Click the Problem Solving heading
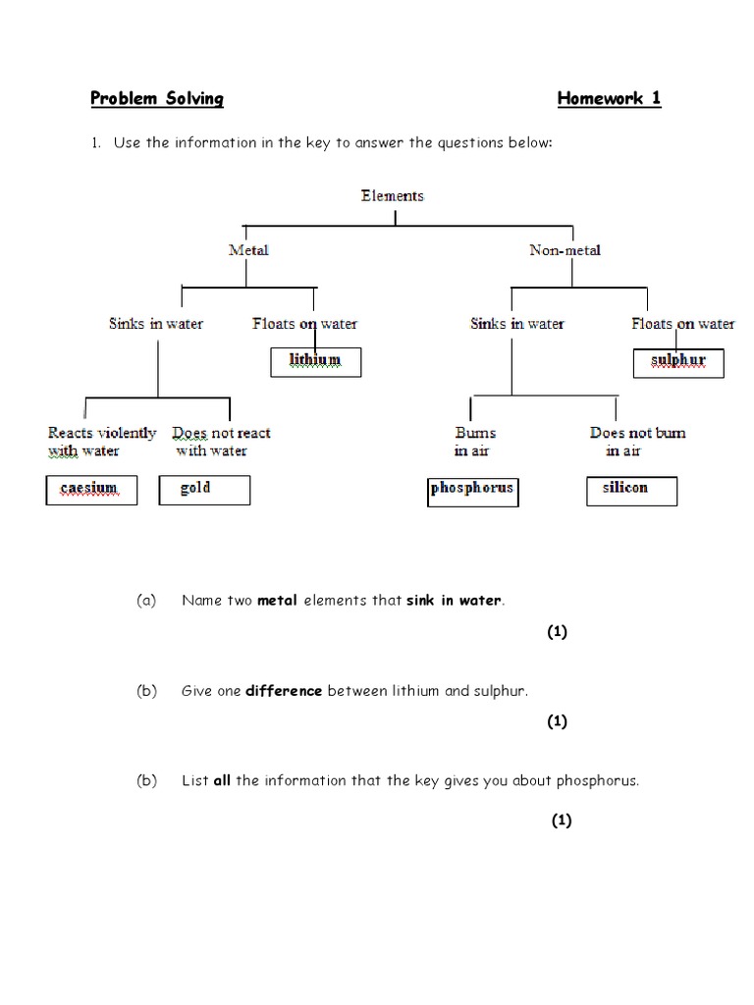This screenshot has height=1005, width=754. [x=157, y=98]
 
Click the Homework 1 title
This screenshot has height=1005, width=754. [x=609, y=98]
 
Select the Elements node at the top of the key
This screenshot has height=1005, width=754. [x=393, y=195]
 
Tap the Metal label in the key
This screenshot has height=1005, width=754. [x=248, y=250]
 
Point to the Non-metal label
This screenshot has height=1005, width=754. [x=565, y=250]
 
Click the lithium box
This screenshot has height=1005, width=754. [x=315, y=361]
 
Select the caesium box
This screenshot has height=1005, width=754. [x=91, y=489]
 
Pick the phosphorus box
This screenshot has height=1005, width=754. [x=472, y=490]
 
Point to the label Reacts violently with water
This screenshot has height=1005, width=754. [x=101, y=442]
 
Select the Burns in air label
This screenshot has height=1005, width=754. [x=474, y=442]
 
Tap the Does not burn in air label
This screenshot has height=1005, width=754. [x=636, y=442]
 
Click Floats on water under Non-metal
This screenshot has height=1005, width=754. [x=682, y=323]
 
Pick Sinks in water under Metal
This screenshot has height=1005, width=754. [x=155, y=323]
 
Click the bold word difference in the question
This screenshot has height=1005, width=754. [x=284, y=691]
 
